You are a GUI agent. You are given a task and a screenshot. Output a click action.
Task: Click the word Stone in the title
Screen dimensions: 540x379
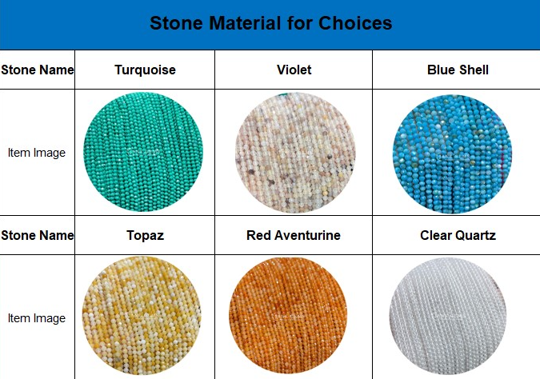[x=176, y=23]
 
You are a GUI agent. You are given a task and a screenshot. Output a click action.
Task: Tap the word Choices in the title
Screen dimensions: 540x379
[x=355, y=23]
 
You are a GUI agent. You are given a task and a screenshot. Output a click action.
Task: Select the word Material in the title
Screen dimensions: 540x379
[x=245, y=23]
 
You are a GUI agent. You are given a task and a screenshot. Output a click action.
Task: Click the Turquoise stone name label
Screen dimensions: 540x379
[x=145, y=70]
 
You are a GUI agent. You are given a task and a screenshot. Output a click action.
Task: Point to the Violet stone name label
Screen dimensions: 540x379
[x=294, y=70]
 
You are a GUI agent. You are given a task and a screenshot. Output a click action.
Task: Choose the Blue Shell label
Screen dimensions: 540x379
[x=458, y=70]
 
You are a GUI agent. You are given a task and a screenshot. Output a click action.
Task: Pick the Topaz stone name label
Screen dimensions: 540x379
[x=145, y=235]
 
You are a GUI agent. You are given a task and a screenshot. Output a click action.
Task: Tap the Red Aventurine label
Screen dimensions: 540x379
[x=294, y=235]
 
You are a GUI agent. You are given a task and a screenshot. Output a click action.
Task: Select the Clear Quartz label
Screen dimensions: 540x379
[x=458, y=235]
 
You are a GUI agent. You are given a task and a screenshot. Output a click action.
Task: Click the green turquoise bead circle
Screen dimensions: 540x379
[x=143, y=152]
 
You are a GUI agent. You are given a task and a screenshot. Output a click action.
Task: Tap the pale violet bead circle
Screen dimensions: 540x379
[x=295, y=153]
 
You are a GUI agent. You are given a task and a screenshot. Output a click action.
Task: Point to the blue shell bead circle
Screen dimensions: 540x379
[x=452, y=154]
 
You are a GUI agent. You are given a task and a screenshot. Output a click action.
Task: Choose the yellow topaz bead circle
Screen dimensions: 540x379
[x=142, y=316]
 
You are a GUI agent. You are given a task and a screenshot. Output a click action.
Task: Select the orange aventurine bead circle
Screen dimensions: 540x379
[x=288, y=316]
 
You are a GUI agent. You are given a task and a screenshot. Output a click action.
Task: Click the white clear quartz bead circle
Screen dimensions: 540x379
[x=448, y=317]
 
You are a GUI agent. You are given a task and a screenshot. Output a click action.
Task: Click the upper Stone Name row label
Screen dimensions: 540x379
[x=37, y=70]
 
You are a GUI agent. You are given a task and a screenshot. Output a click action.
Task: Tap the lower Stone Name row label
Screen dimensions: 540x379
[x=37, y=235]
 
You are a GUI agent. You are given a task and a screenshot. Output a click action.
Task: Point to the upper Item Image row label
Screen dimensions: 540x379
[x=37, y=153]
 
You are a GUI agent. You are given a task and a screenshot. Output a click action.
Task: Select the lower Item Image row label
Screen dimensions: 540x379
[x=37, y=318]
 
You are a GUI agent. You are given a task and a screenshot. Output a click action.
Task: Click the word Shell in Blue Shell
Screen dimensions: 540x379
[x=474, y=70]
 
